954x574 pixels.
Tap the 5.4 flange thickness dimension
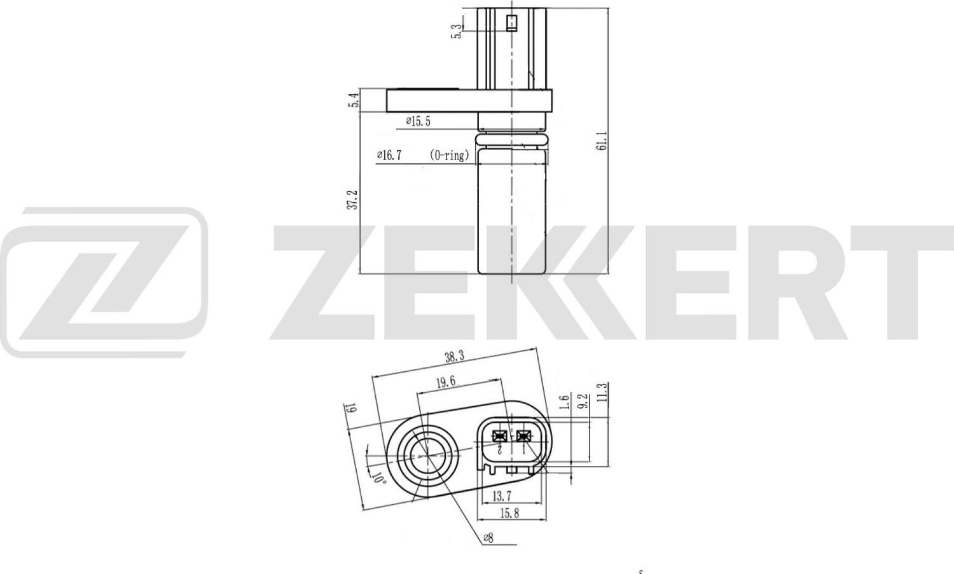(355, 100)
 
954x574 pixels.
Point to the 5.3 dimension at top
(456, 31)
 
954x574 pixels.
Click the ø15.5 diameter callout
(418, 121)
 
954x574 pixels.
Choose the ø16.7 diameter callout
(389, 155)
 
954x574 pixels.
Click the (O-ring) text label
(449, 155)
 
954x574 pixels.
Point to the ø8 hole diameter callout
(488, 538)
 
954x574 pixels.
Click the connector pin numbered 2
(500, 436)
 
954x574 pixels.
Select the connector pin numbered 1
(523, 436)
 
